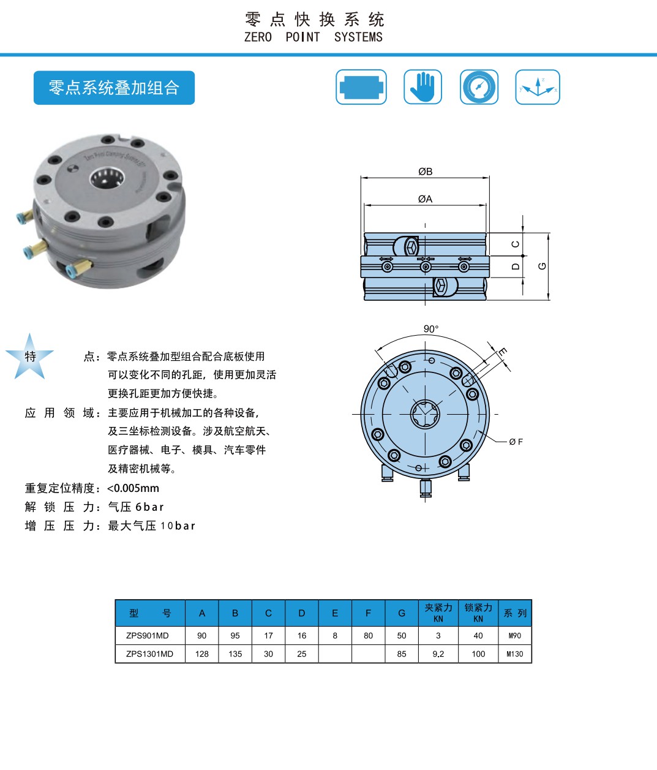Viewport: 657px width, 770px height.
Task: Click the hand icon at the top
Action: [422, 87]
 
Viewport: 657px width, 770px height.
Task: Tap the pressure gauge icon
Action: [479, 87]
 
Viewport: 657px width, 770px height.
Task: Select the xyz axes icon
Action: [538, 87]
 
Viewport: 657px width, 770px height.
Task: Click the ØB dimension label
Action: [425, 172]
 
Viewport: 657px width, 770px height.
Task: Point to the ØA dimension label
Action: [425, 199]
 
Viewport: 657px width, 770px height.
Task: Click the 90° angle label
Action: [431, 329]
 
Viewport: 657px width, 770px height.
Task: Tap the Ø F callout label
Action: [516, 442]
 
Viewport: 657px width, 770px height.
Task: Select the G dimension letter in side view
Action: [542, 266]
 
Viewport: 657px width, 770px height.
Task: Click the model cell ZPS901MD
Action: [148, 635]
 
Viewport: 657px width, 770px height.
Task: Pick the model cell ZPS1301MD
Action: [150, 654]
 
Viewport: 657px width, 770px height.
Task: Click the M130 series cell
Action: [515, 654]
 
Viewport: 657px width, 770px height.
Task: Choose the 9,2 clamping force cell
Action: [438, 654]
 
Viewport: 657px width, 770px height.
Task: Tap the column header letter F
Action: [368, 613]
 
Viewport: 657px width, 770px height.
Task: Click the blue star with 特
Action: [29, 356]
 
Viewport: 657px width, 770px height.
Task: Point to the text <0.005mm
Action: [133, 488]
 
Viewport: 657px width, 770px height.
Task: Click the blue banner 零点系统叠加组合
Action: [114, 88]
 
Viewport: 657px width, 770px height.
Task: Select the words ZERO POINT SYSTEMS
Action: [313, 37]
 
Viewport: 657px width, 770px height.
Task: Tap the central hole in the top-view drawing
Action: [425, 414]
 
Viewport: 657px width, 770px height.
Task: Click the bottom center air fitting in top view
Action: [426, 488]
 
